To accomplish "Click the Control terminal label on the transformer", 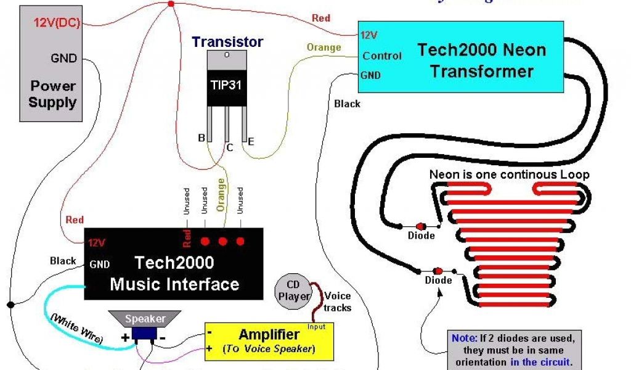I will (x=381, y=55).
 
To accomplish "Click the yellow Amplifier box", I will (x=269, y=341).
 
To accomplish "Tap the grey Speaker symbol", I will (x=145, y=319).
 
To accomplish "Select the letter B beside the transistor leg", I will (x=202, y=138).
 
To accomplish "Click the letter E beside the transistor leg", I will (x=251, y=142).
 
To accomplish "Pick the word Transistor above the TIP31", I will (x=227, y=42).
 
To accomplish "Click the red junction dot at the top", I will (x=171, y=4).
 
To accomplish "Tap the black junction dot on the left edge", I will (x=10, y=304).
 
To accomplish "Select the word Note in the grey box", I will (x=463, y=338).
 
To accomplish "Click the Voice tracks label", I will (x=337, y=301).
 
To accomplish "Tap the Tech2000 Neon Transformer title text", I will (x=482, y=60).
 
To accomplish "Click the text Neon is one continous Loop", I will (x=509, y=175).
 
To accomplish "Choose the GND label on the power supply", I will (x=64, y=59).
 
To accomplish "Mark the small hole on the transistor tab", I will (x=227, y=55).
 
